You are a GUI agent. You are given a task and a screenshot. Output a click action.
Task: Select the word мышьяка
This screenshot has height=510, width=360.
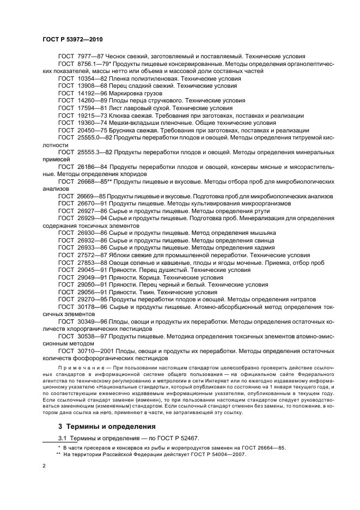[x=260, y=233]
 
